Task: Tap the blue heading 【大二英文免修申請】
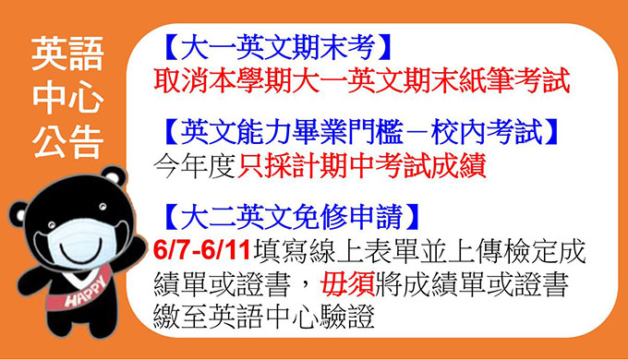292,218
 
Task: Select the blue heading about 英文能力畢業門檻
361,132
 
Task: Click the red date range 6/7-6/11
202,251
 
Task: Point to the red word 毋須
347,284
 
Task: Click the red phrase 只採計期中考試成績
362,165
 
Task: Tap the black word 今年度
195,165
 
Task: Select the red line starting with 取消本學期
362,80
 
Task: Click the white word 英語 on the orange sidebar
67,54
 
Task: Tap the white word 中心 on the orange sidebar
67,97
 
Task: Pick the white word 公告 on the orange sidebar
67,141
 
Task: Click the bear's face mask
81,243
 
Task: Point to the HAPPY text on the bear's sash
86,291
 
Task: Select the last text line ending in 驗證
264,317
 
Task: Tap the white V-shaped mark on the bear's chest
79,276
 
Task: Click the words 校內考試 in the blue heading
487,132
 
